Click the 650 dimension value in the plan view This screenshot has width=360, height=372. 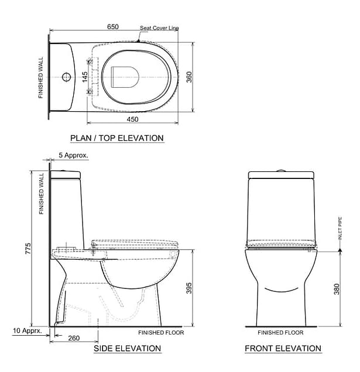pos(113,26)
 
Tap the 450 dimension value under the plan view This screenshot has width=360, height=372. pos(132,119)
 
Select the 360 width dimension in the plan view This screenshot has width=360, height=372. pos(189,77)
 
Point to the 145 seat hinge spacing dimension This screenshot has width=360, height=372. pos(85,77)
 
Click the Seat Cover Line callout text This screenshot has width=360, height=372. pos(159,28)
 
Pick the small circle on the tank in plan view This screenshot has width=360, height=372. pos(67,77)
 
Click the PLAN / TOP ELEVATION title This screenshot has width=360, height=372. pos(117,138)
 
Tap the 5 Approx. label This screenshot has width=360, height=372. pos(73,155)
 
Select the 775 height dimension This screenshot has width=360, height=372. pos(28,249)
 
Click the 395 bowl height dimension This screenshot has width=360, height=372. pos(189,288)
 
